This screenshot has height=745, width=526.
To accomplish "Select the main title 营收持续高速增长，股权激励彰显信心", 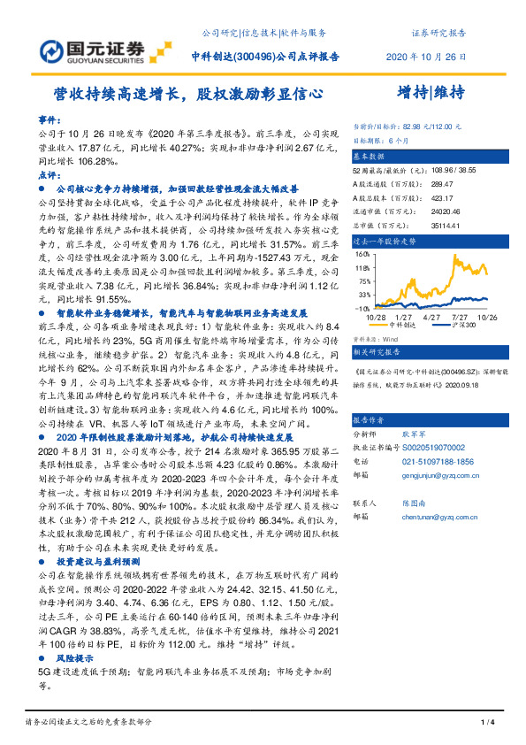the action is (187, 91).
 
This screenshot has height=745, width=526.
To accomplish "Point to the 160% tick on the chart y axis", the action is (361, 253).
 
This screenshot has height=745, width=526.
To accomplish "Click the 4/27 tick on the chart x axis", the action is (431, 316).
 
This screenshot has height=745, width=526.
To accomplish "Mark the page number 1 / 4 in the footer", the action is (485, 723).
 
